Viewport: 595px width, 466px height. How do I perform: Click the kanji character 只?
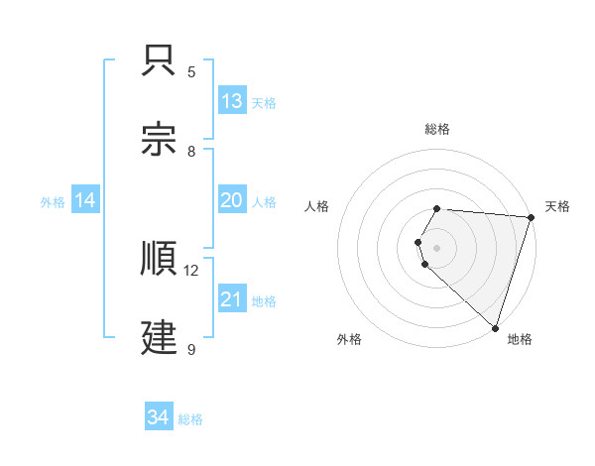pos(161,61)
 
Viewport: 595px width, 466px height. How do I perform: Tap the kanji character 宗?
pos(161,140)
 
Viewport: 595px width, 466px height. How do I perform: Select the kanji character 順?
pos(161,261)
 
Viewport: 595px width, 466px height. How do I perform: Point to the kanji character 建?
pos(161,339)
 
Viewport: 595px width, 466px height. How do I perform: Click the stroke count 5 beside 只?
pos(191,71)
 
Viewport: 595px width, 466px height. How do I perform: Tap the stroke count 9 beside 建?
pos(191,349)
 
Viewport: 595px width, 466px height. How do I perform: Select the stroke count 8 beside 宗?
pos(191,151)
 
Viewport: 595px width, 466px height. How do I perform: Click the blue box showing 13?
pos(232,101)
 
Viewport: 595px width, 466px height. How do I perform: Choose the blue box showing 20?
pos(232,200)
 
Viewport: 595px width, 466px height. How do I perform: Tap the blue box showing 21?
pos(232,299)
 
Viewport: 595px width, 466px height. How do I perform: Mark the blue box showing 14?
pos(85,200)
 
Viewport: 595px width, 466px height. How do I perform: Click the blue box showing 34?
pos(159,417)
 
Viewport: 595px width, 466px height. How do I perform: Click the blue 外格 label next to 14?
pos(53,202)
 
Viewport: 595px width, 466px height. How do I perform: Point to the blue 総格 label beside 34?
pos(190,419)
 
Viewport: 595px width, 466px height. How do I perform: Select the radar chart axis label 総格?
pos(437,129)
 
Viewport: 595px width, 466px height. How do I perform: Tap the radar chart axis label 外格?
pos(349,339)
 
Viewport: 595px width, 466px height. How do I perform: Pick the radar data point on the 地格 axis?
pos(495,327)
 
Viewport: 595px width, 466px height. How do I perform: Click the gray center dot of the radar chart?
pos(437,247)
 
